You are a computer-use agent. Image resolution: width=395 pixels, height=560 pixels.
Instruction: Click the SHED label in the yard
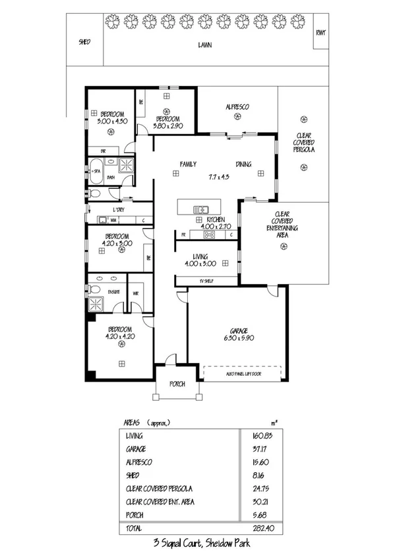click(84, 42)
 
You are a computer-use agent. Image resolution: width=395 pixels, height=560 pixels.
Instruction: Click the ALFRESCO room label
click(237, 106)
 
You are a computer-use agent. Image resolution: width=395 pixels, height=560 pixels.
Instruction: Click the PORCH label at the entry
click(176, 384)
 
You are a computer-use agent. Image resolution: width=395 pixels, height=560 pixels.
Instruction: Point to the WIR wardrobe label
click(136, 293)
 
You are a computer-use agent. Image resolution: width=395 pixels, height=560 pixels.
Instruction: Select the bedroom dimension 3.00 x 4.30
click(112, 122)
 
